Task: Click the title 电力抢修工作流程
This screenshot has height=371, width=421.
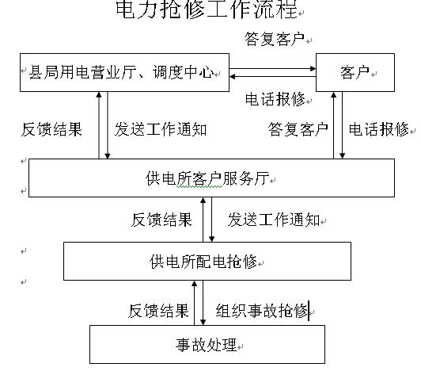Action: [207, 10]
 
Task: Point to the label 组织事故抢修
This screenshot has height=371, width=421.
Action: [261, 311]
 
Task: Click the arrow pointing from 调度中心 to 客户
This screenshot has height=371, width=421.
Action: [272, 69]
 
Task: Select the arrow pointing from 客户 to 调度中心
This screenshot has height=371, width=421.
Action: [272, 77]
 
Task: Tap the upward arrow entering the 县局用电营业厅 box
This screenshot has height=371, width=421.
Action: [99, 125]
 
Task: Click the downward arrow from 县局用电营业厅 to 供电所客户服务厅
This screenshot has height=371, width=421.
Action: [108, 125]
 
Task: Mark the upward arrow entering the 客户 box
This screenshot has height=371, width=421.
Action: [334, 125]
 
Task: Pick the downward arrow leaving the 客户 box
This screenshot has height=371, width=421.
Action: [343, 125]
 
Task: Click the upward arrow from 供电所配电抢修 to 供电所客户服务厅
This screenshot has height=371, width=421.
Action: [203, 220]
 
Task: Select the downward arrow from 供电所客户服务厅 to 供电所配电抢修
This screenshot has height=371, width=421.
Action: [212, 220]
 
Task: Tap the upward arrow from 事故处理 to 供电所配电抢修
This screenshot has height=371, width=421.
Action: [195, 303]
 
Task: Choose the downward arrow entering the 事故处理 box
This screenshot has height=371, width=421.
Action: [203, 303]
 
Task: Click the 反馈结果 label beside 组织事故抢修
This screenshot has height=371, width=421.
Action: [158, 311]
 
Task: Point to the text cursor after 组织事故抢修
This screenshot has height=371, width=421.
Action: [309, 311]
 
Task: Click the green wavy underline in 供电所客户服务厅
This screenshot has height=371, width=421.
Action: [199, 186]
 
